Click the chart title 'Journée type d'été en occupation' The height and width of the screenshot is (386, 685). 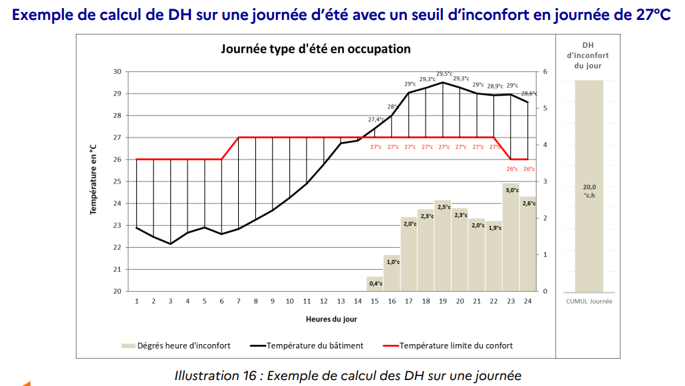coord(316,49)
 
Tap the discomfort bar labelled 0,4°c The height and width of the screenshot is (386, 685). coord(375,284)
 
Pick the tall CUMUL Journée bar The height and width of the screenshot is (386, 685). coord(589,186)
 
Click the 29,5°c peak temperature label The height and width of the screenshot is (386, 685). coord(444,74)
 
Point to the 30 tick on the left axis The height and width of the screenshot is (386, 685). coord(117,72)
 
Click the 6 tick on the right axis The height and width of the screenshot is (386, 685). coord(545,72)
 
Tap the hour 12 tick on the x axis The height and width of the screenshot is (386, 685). coord(324,302)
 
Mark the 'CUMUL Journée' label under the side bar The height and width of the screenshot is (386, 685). coord(588,301)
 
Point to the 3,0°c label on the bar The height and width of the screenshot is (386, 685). coord(511,190)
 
